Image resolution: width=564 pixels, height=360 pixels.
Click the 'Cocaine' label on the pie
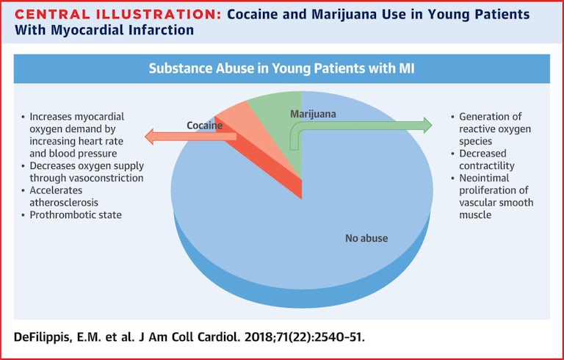coord(204,126)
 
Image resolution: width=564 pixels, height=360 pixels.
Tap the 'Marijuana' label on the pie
coord(313,114)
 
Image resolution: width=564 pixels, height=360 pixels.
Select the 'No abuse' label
coord(366,238)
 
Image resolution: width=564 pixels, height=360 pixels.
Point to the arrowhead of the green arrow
coord(427,126)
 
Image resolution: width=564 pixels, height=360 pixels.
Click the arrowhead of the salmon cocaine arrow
coord(149,137)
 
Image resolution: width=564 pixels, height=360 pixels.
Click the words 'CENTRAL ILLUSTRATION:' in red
coord(118,15)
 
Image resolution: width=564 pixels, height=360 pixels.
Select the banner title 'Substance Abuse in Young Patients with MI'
coord(282,68)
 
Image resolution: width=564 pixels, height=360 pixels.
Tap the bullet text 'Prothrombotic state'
coord(76,215)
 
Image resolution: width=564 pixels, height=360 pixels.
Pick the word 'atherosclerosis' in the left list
coord(64,202)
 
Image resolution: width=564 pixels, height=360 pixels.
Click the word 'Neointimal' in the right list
coord(484,178)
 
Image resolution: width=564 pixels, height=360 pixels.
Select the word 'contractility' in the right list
coord(487,165)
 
